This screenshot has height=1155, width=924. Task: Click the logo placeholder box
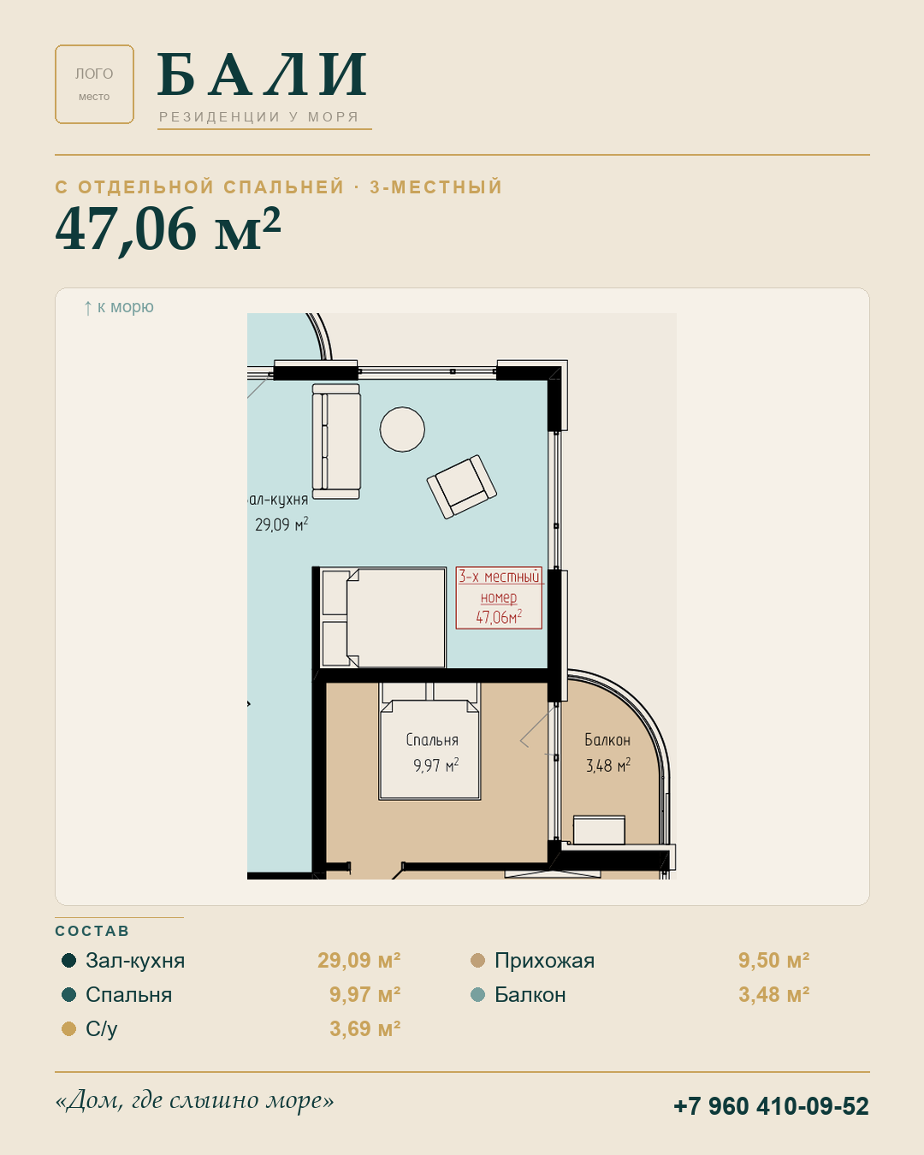point(94,84)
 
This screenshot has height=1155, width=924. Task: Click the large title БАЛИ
point(263,74)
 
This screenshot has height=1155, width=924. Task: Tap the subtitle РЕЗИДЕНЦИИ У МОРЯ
point(258,117)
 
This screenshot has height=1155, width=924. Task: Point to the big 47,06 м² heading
point(168,228)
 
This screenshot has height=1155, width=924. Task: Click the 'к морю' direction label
point(119,307)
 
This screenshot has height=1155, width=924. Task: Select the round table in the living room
point(402,429)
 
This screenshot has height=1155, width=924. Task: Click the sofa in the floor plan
point(336,441)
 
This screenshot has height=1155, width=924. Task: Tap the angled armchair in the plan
point(462,487)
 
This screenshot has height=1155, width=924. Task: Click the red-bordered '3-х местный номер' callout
point(499,597)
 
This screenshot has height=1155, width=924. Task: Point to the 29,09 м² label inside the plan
point(281,524)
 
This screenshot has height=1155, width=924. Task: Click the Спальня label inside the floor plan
point(432,740)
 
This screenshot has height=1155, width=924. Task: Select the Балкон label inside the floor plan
point(607,740)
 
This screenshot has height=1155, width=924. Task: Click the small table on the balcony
point(599,830)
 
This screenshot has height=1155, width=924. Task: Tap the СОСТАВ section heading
point(92,931)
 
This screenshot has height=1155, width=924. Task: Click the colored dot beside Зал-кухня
point(68,960)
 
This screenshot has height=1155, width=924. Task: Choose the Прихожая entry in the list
point(544,961)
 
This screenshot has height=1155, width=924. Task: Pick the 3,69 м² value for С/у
point(365,1029)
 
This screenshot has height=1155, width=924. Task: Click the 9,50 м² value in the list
point(773,961)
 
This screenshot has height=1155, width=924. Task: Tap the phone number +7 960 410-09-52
point(771,1106)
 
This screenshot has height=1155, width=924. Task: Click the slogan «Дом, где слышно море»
point(194,1101)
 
